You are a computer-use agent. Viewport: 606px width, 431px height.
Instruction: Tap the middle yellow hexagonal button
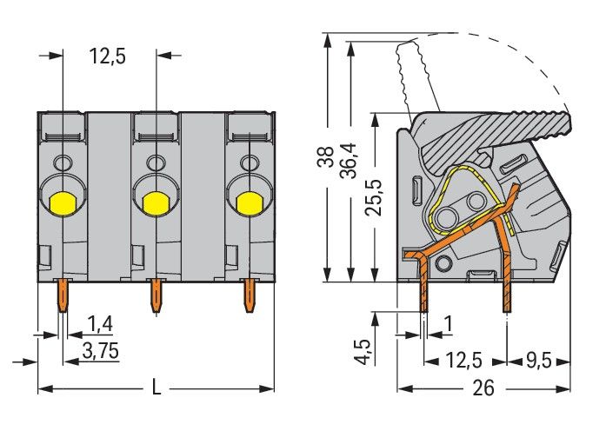click(x=156, y=203)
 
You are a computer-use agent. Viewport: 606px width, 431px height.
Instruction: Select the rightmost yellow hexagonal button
click(x=250, y=203)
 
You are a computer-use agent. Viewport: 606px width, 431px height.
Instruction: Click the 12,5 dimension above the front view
click(x=108, y=56)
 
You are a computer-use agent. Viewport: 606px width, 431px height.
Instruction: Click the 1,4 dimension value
click(x=101, y=325)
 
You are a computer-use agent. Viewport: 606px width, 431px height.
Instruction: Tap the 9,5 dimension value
click(x=538, y=357)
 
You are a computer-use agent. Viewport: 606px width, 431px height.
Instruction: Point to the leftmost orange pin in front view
click(x=63, y=297)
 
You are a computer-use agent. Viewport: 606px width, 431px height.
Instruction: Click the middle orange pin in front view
click(x=156, y=297)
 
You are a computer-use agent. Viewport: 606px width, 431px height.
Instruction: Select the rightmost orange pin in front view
click(x=250, y=297)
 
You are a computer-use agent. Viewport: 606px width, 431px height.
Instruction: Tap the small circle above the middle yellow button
click(x=156, y=162)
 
